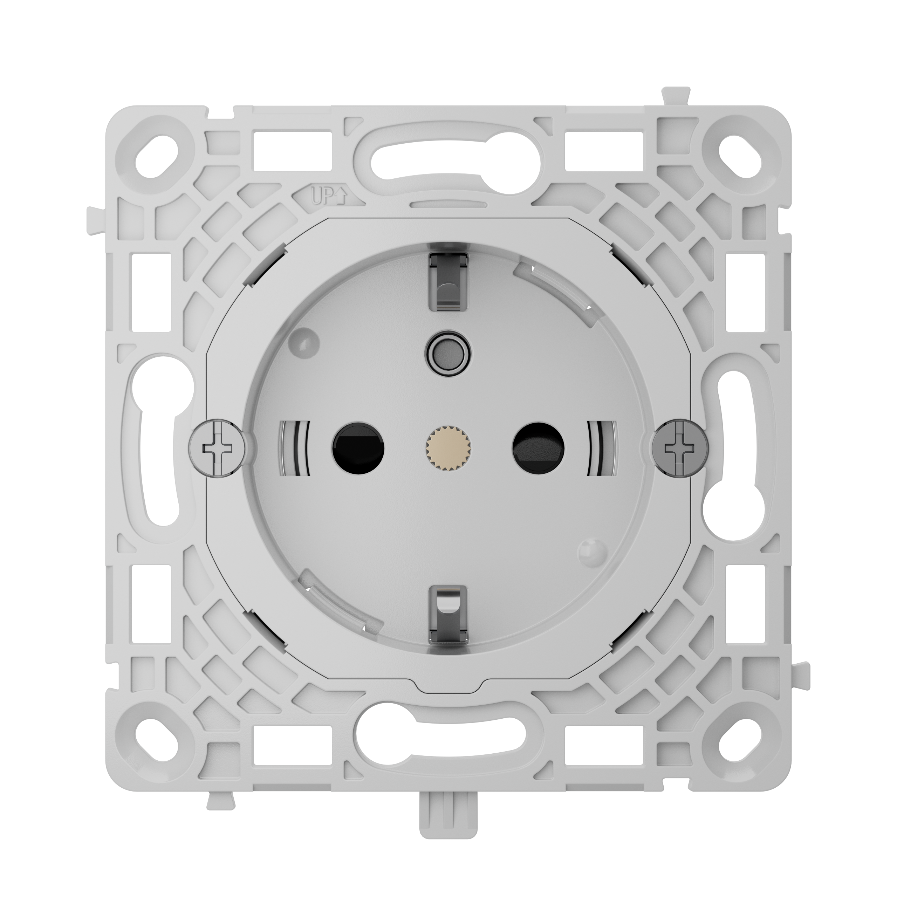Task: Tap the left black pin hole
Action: pos(358,448)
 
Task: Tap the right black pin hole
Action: pos(539,448)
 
